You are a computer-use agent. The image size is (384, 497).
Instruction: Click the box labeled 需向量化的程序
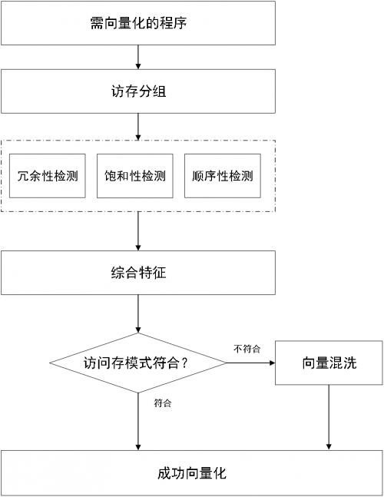tap(138, 23)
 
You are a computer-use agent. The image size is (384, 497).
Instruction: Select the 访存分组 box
tap(138, 91)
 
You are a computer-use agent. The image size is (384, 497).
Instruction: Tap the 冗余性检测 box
tap(48, 176)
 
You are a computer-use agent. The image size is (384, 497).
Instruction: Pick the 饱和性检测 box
tap(135, 176)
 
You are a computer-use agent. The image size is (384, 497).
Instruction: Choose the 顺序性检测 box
tap(223, 176)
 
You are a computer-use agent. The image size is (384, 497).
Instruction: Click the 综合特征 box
tap(138, 273)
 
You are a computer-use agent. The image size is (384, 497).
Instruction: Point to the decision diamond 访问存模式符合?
tap(138, 363)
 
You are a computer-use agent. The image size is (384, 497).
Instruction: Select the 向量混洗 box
tap(329, 363)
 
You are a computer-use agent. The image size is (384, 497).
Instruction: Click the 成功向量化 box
tap(192, 473)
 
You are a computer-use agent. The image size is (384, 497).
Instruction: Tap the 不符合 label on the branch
tap(247, 349)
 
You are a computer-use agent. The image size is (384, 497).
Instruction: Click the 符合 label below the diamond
tap(163, 403)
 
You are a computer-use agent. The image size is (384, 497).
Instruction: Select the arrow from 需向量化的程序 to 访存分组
tap(138, 57)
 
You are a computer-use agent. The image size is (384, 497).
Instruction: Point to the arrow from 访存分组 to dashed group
tap(138, 127)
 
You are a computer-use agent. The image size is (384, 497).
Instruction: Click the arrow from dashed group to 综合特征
tap(138, 231)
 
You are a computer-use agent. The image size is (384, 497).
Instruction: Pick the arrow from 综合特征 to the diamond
tap(138, 314)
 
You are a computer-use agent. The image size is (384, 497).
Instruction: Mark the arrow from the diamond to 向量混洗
tap(251, 363)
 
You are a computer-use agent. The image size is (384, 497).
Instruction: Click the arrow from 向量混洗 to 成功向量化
tap(329, 417)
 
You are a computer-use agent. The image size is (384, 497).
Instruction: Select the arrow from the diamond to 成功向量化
tap(138, 422)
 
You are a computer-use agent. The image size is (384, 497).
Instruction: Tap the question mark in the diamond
tap(185, 363)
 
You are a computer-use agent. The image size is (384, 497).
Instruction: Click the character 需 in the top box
tap(97, 23)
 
